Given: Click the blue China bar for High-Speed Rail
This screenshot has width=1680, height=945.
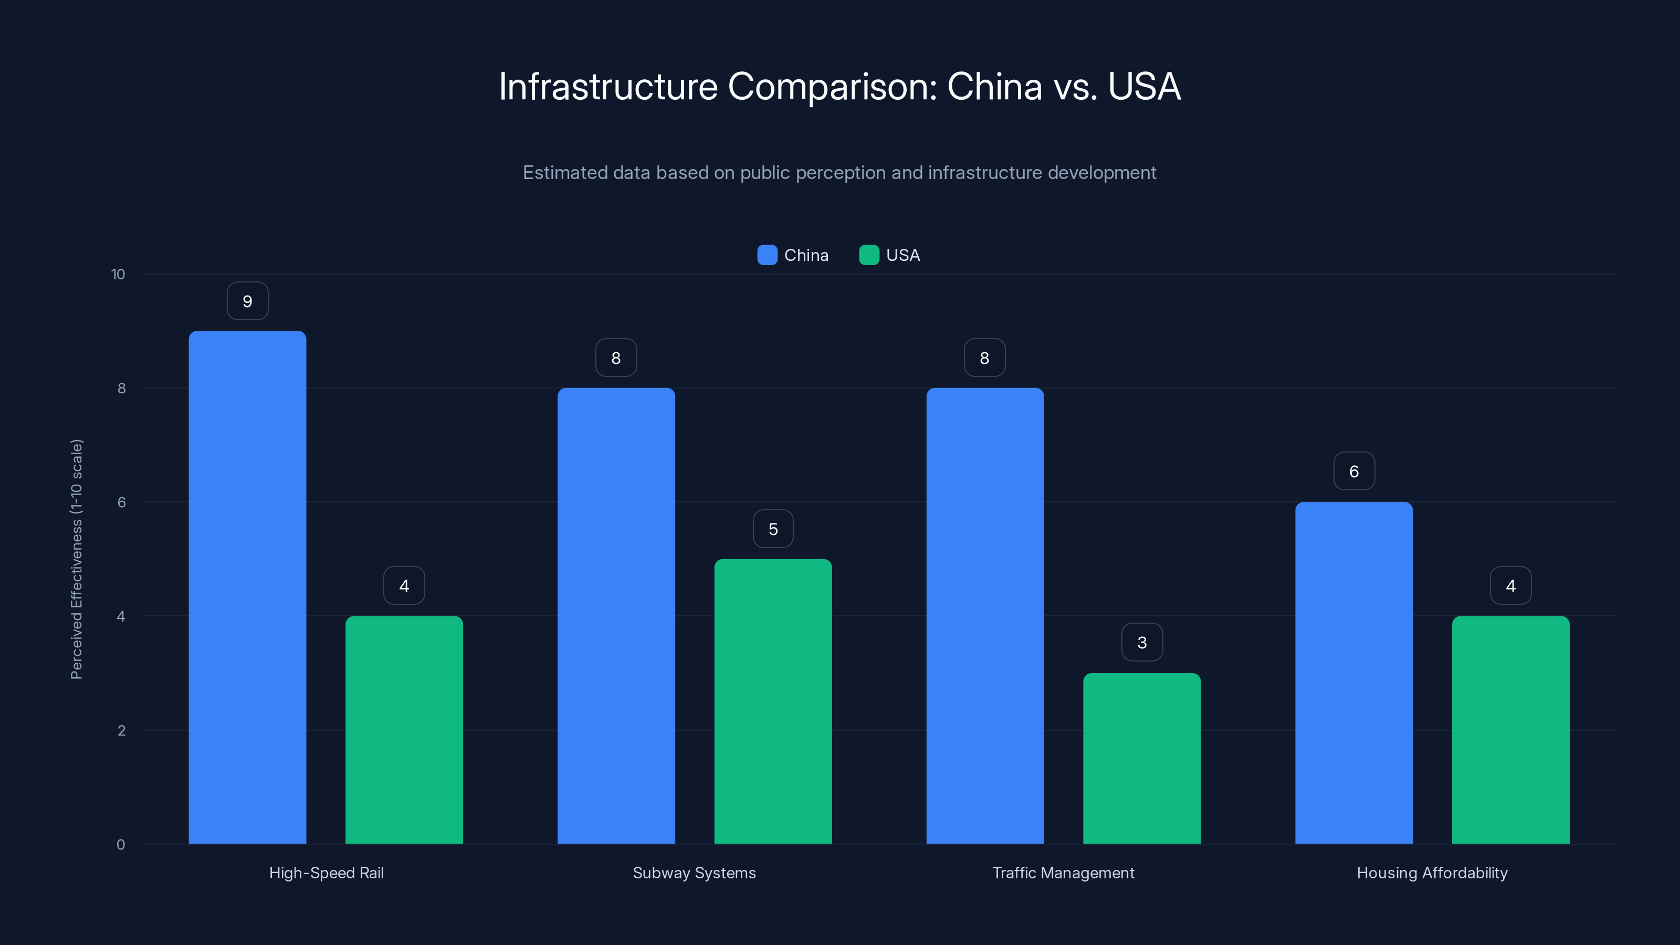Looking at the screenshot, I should [247, 587].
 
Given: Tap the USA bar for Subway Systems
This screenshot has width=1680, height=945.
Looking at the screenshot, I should [773, 701].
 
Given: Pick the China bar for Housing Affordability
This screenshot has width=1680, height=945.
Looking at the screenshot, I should [1353, 673].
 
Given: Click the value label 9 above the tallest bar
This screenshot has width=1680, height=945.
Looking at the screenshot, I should [247, 301].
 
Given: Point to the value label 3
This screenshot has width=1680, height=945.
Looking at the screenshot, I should [1141, 643].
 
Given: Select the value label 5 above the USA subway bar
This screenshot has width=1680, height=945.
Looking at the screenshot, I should [773, 529].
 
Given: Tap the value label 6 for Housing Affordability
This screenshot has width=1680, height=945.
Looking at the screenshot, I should [1353, 471].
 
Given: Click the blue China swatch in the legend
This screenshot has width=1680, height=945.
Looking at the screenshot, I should [767, 255].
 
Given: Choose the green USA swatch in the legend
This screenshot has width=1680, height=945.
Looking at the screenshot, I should [869, 255].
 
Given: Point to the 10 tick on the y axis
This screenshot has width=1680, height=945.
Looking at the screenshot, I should [118, 275].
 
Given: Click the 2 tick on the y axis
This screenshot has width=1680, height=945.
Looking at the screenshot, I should [121, 730].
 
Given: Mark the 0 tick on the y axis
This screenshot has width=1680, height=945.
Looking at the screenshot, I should [121, 845].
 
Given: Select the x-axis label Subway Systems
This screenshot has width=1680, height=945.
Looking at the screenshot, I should [694, 873].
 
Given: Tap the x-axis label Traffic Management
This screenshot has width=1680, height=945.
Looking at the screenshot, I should [1063, 873].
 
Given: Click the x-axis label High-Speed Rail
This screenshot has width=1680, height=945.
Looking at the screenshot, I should [326, 873].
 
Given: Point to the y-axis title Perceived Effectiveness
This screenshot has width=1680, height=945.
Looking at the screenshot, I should [76, 559].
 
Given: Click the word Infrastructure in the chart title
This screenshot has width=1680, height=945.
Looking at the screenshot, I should [608, 86].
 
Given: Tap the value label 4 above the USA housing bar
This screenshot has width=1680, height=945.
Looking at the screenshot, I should [1510, 586].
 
